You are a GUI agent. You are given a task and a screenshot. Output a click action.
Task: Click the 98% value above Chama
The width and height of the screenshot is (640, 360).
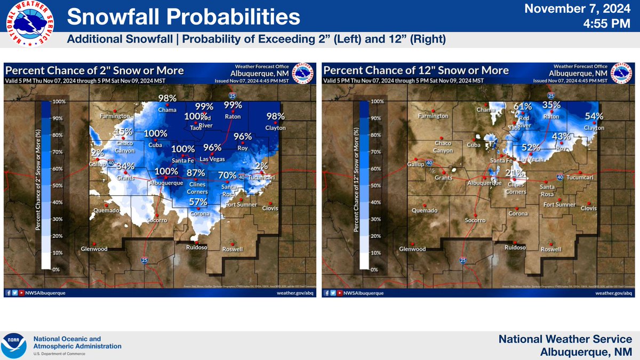click(167, 99)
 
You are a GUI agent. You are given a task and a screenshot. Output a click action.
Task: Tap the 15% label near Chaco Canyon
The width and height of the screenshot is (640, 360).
click(124, 132)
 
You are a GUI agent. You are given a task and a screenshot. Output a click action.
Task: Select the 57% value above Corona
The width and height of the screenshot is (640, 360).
click(198, 202)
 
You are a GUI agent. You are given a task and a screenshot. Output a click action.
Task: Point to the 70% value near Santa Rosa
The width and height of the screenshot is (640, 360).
click(228, 175)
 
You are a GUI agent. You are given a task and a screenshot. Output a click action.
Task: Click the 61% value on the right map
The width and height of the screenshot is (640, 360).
click(523, 107)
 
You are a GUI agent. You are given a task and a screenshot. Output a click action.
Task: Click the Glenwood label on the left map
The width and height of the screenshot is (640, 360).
click(94, 249)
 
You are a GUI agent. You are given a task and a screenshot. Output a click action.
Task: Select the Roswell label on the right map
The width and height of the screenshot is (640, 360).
click(551, 249)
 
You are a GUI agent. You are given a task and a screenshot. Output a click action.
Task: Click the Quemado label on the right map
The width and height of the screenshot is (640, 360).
click(425, 210)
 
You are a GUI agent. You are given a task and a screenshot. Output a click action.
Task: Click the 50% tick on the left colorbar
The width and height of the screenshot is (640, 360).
click(58, 186)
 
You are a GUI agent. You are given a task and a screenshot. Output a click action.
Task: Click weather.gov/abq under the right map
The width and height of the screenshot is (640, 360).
click(613, 293)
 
